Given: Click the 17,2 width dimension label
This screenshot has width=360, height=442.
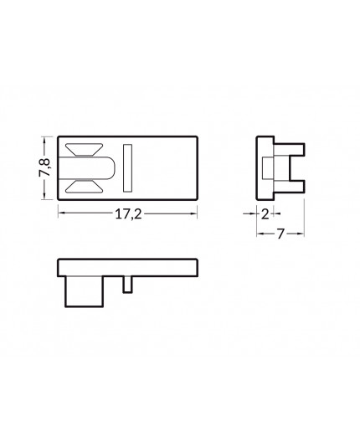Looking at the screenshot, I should tap(126, 214).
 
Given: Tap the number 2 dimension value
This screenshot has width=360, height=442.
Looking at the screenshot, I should tap(265, 214).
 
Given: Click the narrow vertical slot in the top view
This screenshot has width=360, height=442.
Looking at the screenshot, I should tap(127, 167).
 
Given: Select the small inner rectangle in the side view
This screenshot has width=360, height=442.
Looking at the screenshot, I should tap(266, 167).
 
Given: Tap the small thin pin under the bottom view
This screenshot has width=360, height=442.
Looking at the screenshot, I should tap(126, 285).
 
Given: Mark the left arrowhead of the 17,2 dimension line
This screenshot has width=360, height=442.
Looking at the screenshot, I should tap(60, 214).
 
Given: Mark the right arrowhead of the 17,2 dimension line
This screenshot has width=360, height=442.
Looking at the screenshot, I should tap(196, 214).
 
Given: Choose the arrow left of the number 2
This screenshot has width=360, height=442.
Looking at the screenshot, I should tap(251, 214).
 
